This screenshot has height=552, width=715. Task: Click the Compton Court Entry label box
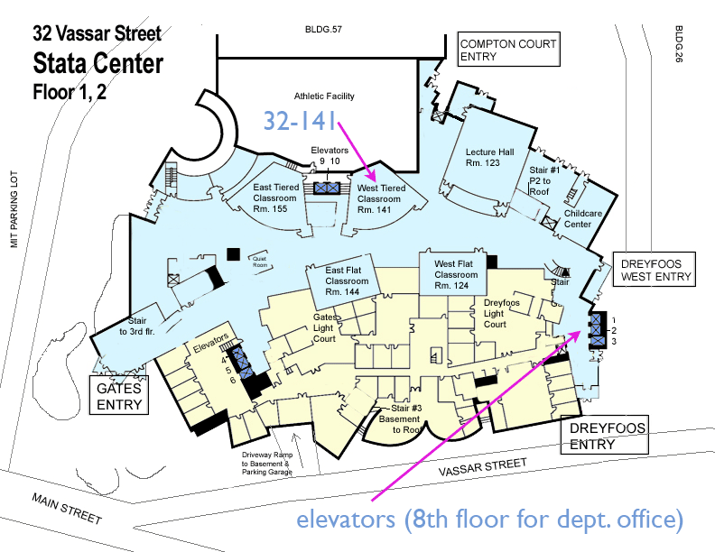coord(508,50)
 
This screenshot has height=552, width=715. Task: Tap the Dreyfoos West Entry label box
coord(654,269)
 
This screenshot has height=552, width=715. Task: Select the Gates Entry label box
coord(119,395)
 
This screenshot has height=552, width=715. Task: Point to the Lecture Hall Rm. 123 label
coord(489,158)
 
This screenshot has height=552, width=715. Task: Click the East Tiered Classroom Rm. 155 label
coord(275,198)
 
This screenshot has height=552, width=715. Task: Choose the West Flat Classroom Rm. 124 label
coord(456,274)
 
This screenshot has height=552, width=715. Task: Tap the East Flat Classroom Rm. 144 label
coord(346,281)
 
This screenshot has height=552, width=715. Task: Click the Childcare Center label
coord(583,218)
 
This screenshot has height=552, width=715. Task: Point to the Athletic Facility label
coord(324,97)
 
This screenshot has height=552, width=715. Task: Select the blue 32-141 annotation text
coord(300,121)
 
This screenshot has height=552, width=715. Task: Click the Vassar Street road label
coord(482,468)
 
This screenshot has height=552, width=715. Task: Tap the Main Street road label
coord(67,509)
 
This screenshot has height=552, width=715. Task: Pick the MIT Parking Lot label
coord(14,209)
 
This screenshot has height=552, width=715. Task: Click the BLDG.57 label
coord(323,30)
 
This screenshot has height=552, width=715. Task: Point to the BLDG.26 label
coord(679,43)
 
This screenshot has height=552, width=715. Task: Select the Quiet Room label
coord(260,262)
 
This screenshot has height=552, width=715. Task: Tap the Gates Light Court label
coord(325,328)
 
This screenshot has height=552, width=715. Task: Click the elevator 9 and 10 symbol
coord(328,188)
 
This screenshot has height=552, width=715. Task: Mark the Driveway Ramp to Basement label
coord(267,464)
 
